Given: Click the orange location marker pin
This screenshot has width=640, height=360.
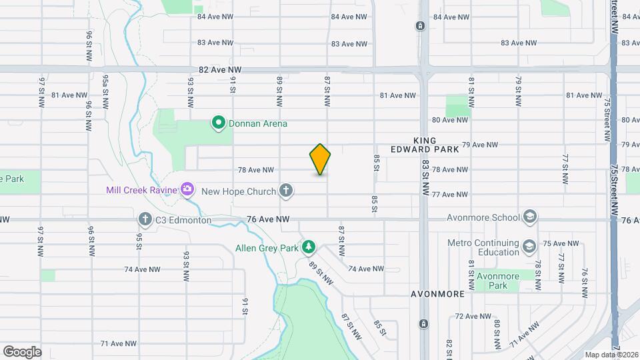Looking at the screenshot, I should point(321,159).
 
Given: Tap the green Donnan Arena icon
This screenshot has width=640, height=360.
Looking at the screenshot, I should point(218,123).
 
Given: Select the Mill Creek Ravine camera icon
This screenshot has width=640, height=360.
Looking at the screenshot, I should point(187,190).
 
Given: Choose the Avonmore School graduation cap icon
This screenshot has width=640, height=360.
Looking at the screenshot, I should point(529,217).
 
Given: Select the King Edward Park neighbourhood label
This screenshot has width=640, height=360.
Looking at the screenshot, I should point(437,145).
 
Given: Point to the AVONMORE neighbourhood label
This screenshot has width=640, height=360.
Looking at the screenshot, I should point(436,293).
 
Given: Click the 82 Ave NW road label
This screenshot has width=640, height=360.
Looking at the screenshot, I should point(216,69).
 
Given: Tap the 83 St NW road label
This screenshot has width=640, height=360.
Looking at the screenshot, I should point(425,177).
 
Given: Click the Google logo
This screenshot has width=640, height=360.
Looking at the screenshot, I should point(22,352).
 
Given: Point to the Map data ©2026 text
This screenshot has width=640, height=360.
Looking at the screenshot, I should point(611,355).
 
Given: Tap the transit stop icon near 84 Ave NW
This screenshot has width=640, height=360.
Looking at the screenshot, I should point(421,26).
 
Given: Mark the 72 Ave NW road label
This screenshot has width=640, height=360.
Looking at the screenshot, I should point(473,316).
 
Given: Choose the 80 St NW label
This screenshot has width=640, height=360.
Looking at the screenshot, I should point(497,333).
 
